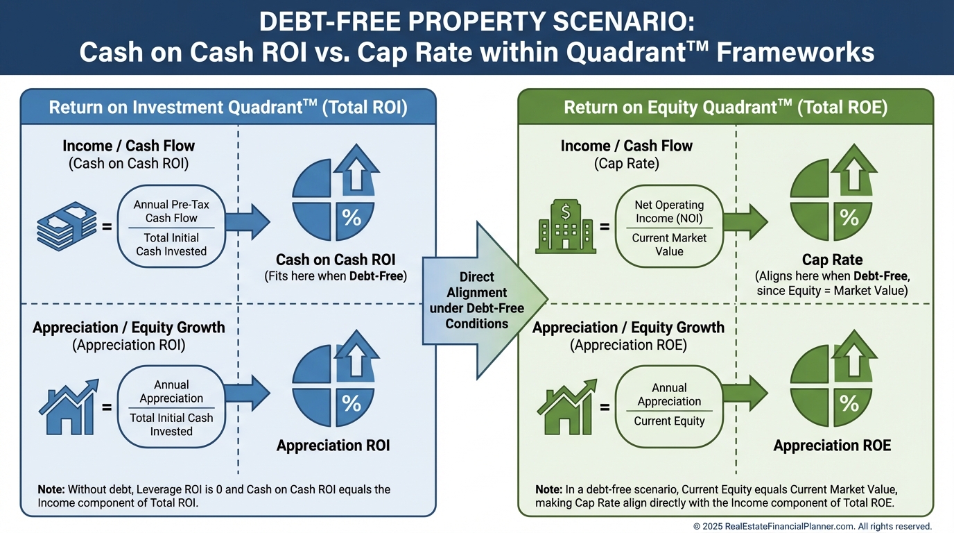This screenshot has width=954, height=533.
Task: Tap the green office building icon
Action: click(565, 227)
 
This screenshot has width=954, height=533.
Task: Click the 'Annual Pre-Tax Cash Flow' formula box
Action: click(171, 227)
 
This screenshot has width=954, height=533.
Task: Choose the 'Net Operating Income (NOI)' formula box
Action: click(669, 227)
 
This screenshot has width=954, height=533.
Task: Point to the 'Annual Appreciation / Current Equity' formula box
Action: click(669, 406)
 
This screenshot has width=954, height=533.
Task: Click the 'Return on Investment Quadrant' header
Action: click(227, 108)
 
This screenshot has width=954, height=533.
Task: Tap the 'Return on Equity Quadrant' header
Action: click(725, 108)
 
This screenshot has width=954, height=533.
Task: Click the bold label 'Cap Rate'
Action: click(832, 260)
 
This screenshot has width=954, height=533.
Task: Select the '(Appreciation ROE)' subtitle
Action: click(628, 345)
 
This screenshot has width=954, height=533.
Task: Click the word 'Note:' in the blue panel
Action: click(51, 490)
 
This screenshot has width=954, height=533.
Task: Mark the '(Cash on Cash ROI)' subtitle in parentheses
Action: click(128, 164)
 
